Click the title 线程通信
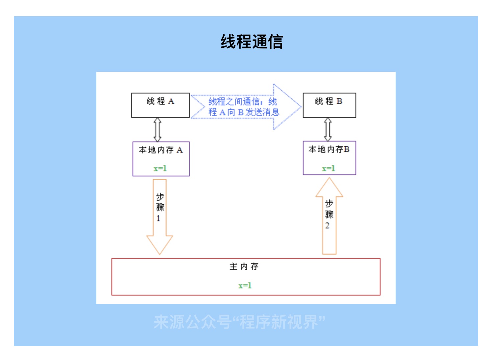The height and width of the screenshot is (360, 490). tap(252, 42)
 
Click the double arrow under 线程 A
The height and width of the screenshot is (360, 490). tap(158, 130)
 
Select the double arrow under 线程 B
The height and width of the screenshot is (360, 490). tap(328, 129)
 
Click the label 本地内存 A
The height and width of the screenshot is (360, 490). tap(160, 150)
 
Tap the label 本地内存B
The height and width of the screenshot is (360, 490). tap(329, 149)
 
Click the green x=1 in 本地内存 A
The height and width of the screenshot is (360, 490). tap(160, 168)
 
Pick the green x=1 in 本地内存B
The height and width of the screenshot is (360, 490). tap(329, 168)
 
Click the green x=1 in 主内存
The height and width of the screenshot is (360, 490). tap(245, 286)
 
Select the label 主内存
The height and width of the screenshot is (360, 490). tap(244, 267)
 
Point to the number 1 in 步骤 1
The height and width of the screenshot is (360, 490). tap(159, 219)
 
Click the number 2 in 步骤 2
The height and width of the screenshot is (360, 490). tap(328, 226)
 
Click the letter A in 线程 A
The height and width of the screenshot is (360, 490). tap(171, 101)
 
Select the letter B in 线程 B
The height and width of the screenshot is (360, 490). tap(339, 101)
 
